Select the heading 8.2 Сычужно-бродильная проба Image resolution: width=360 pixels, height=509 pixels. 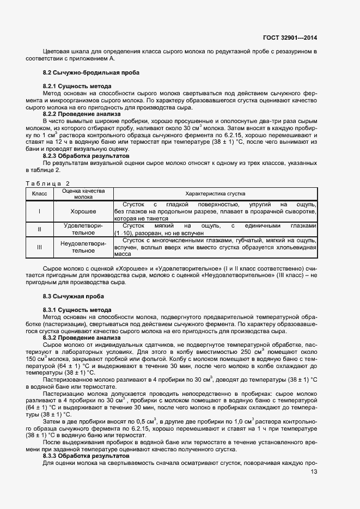(x=91, y=72)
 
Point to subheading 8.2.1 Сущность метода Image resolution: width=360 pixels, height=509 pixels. (x=77, y=87)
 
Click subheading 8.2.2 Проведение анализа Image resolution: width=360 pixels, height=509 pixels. (x=81, y=114)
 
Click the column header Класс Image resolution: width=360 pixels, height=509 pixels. (x=40, y=194)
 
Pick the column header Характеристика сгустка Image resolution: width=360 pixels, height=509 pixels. (x=215, y=194)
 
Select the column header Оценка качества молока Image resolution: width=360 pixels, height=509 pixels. (x=83, y=194)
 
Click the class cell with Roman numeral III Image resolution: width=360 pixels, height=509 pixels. (x=40, y=247)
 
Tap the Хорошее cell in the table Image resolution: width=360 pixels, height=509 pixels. (x=83, y=211)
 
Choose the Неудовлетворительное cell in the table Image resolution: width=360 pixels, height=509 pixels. (x=83, y=247)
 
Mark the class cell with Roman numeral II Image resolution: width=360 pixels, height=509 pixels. (x=40, y=229)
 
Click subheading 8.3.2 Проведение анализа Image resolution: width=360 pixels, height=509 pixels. (x=81, y=338)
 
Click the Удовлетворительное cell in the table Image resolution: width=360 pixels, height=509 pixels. (x=83, y=229)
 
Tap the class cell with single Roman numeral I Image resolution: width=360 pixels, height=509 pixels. (x=40, y=211)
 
